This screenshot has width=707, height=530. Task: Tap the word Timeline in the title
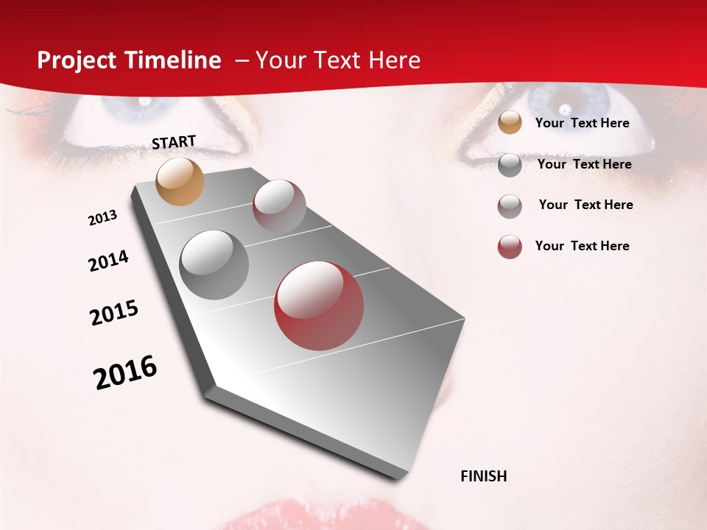click(175, 60)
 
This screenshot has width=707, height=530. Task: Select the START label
click(174, 142)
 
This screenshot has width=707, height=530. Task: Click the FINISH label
click(484, 476)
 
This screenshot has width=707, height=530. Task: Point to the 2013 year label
click(103, 218)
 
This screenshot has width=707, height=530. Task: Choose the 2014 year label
click(109, 261)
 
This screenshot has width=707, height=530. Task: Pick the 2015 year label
click(114, 313)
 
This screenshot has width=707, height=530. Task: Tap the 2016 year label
click(125, 372)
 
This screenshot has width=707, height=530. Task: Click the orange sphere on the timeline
click(180, 181)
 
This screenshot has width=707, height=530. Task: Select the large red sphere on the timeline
click(319, 305)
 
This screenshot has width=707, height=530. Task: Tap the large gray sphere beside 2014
click(214, 265)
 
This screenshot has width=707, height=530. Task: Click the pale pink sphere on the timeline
click(279, 206)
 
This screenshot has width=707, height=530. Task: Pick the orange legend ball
click(510, 123)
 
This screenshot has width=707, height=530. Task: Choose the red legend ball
click(510, 247)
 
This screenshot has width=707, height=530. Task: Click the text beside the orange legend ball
click(582, 123)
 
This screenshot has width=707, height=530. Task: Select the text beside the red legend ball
click(582, 246)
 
